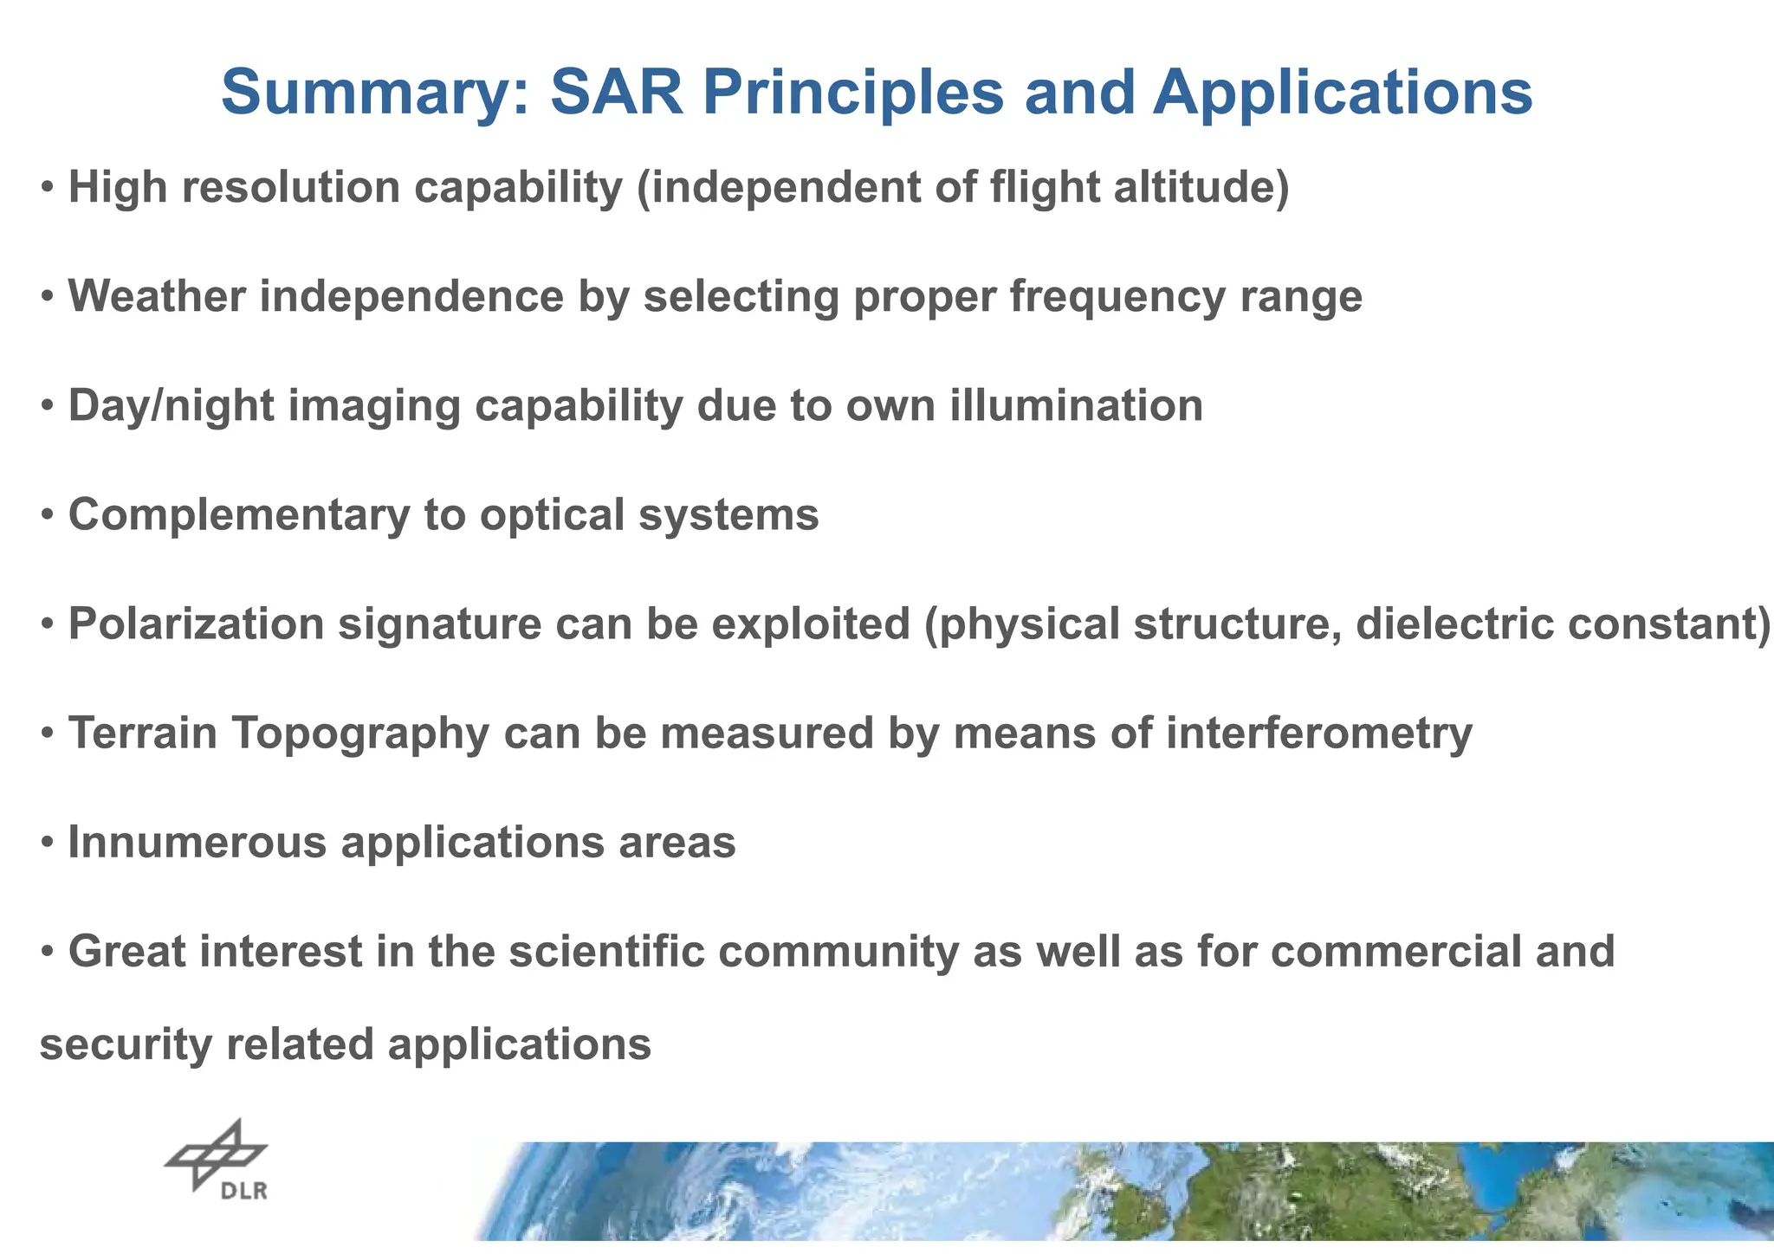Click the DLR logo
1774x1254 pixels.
[x=217, y=1160]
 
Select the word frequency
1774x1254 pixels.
[x=1117, y=298]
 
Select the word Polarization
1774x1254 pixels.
[x=196, y=624]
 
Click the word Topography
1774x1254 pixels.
[x=360, y=734]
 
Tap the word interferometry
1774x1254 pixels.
[x=1319, y=734]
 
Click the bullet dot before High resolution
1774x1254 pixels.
[x=49, y=188]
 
